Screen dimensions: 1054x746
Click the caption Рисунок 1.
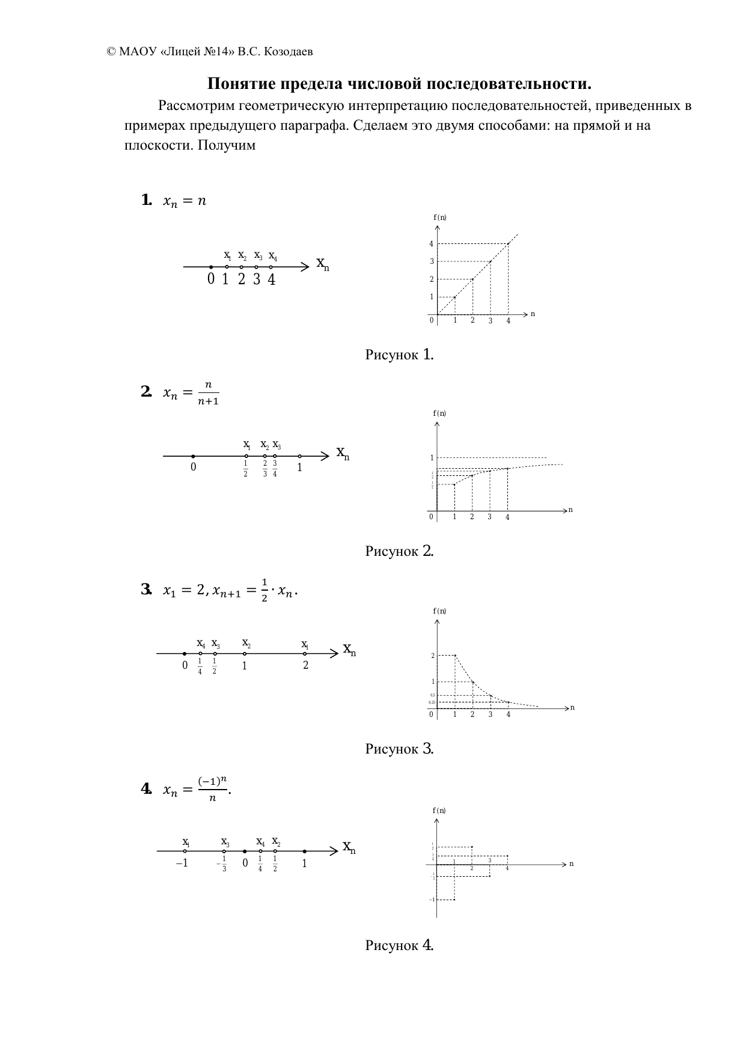click(x=399, y=355)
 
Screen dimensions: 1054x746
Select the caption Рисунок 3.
click(x=399, y=749)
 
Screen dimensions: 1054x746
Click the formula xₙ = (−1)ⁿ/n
click(x=197, y=788)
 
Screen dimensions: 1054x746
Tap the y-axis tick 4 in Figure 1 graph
click(x=431, y=244)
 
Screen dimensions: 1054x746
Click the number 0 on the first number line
click(x=210, y=279)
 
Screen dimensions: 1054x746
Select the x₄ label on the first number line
click(x=272, y=255)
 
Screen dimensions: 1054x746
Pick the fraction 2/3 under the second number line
click(x=264, y=468)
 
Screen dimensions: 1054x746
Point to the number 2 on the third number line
click(x=305, y=665)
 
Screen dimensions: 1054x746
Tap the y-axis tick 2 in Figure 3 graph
click(x=432, y=656)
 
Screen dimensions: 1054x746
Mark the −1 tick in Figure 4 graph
click(x=431, y=900)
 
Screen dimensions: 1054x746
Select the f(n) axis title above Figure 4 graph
click(x=439, y=811)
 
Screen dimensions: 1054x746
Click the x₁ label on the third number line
click(x=305, y=645)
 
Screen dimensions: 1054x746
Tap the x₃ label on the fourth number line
click(x=225, y=842)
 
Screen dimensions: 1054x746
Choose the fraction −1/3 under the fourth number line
click(x=222, y=864)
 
